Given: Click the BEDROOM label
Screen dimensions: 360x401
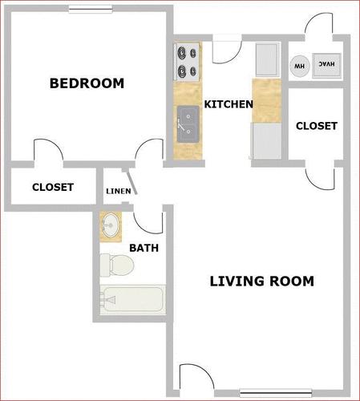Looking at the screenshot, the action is point(87,83).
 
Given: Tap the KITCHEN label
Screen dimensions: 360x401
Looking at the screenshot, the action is point(229,104).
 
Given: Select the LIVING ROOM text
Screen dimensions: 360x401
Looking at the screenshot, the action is point(262,282).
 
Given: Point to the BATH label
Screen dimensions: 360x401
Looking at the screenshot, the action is point(144,248).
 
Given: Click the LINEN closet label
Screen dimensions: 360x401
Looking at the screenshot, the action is point(119,191).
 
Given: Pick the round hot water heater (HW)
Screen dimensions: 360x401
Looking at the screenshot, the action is point(300,66).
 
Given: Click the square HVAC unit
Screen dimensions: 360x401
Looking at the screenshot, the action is point(326,66).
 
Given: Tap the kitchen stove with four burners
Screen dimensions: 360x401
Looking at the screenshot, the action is point(187,62).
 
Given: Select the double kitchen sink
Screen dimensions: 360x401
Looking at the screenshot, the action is point(188,124).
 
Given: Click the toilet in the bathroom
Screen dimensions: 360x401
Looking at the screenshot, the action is point(117,265).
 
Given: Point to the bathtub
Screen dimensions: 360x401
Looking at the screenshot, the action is point(133,299).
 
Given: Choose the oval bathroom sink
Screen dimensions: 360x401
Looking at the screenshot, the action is point(111,225).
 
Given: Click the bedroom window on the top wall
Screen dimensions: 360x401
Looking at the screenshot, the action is point(91,10).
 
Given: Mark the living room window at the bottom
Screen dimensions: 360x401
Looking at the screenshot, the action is point(276,393).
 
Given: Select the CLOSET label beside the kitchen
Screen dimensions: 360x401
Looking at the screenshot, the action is point(317,126).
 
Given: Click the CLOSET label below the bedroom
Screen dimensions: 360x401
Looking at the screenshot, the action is point(53,187).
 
